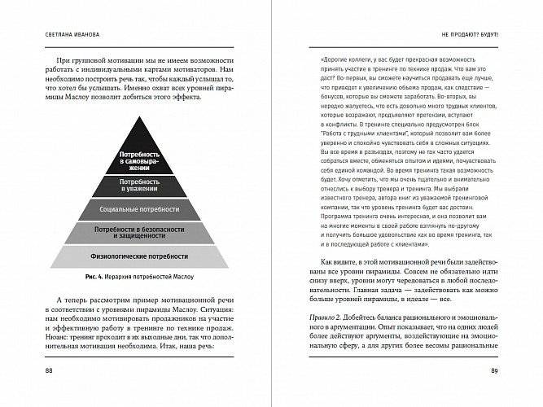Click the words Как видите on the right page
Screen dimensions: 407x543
[326, 262]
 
